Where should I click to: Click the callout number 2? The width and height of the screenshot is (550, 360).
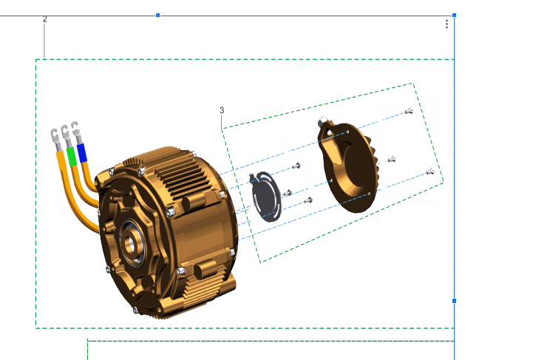[x=44, y=18]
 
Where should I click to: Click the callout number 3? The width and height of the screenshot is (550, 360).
[x=222, y=110]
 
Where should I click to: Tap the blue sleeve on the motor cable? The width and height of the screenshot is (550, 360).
[x=82, y=152]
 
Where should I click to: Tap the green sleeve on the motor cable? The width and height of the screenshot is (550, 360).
[x=71, y=156]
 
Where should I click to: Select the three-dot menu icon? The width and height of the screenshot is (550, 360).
[x=447, y=24]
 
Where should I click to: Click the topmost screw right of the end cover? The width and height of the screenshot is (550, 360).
[x=408, y=112]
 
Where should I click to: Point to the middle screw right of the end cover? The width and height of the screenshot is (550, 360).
[x=392, y=159]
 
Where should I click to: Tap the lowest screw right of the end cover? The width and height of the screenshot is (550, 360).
[x=429, y=173]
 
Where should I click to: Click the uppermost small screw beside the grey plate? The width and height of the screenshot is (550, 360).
[x=297, y=166]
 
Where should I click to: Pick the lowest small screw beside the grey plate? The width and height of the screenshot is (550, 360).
[x=309, y=200]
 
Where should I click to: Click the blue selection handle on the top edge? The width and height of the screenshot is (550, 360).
[x=157, y=15]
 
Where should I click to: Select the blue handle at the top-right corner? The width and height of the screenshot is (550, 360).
[x=454, y=15]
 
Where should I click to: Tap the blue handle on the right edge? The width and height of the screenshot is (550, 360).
[x=454, y=301]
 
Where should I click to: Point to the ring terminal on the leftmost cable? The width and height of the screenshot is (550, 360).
[x=53, y=135]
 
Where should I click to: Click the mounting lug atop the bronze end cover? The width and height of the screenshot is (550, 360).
[x=323, y=120]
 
